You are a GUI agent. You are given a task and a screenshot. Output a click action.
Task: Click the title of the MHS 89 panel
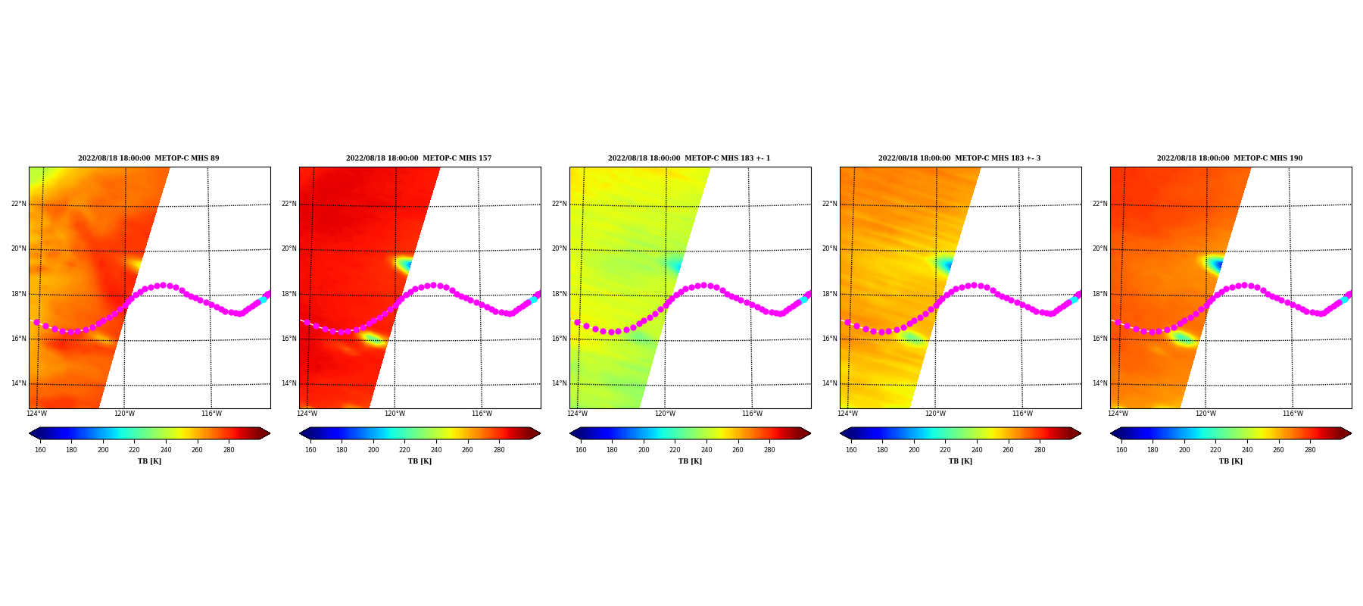tap(148, 158)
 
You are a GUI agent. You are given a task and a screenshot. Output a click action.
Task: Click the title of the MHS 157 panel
tap(419, 158)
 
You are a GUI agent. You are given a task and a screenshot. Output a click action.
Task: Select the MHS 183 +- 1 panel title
tap(689, 158)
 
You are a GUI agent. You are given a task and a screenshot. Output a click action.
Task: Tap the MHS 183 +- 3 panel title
tap(959, 158)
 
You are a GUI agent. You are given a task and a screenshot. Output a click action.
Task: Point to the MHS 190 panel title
tap(1230, 158)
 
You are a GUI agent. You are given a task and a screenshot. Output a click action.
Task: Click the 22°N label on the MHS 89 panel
tap(19, 204)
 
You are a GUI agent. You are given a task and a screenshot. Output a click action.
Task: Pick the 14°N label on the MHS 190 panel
tap(1100, 383)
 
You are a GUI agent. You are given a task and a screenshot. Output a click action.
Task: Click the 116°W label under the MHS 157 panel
tap(482, 414)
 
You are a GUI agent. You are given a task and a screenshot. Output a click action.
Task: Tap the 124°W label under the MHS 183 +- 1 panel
tap(577, 414)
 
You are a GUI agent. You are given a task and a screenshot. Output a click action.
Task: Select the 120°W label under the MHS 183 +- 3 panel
tap(935, 414)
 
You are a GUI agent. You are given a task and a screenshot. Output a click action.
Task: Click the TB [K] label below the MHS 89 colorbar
tap(149, 461)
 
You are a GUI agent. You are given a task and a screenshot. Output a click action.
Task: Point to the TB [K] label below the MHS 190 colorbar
tap(1230, 461)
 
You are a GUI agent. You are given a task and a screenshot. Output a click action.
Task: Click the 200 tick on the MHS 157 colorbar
tap(373, 450)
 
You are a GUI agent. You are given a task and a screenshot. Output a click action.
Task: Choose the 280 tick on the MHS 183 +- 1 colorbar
tap(769, 450)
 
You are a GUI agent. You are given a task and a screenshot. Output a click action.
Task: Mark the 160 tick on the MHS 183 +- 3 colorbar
tap(851, 450)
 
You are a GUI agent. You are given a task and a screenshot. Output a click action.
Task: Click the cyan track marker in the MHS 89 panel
tap(263, 300)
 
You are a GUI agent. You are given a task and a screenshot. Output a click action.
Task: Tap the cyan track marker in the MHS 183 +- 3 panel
tap(1074, 300)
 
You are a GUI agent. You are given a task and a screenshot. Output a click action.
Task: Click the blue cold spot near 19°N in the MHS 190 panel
tap(1218, 265)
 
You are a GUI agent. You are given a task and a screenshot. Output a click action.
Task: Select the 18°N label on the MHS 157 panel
tap(289, 294)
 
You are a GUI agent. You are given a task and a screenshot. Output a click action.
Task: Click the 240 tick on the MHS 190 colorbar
tap(1247, 450)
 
